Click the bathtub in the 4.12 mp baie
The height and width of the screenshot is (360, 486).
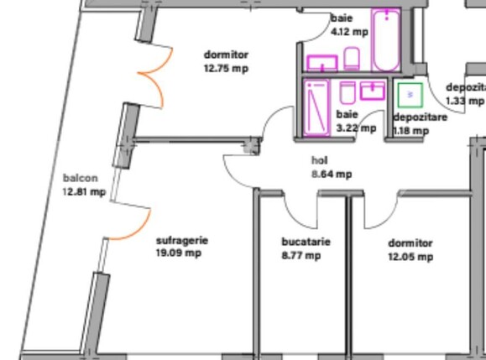(386, 40)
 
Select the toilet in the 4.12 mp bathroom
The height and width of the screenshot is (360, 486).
(353, 59)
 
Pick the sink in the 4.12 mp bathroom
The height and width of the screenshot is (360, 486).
(321, 62)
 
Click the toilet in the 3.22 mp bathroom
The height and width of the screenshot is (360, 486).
(348, 91)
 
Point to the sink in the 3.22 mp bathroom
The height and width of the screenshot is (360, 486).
(373, 90)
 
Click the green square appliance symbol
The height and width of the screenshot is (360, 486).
(409, 96)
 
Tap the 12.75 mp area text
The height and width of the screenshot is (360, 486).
(226, 68)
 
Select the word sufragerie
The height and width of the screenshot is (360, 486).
(181, 240)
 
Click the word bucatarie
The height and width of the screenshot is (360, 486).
(306, 243)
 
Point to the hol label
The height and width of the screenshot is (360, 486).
(319, 159)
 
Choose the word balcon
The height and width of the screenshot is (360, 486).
(81, 178)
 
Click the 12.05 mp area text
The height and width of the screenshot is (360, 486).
(410, 257)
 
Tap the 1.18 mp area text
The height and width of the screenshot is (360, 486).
(411, 130)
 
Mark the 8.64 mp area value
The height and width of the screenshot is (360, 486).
(332, 174)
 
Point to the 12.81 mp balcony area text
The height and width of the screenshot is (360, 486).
(83, 191)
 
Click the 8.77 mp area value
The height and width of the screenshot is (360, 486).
(300, 255)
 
